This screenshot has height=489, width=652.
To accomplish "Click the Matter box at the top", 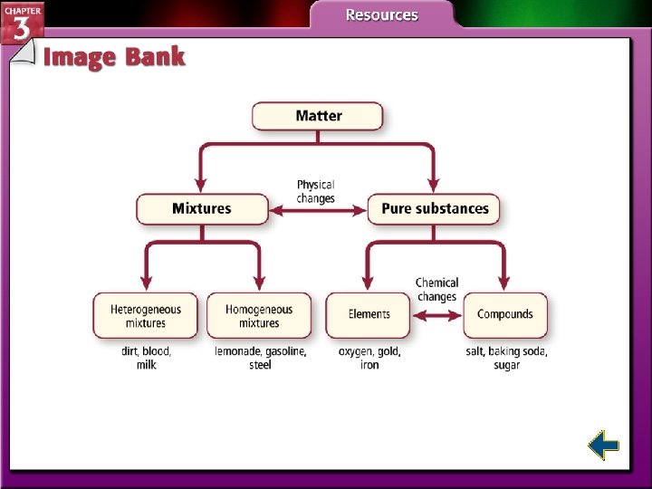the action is [x=318, y=116].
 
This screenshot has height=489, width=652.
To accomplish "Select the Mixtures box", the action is [x=202, y=209].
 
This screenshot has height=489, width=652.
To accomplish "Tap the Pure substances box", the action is [x=434, y=209].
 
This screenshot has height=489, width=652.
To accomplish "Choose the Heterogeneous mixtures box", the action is [x=145, y=315].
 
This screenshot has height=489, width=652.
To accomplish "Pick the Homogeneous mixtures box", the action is [x=259, y=315].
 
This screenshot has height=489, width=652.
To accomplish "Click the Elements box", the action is [x=369, y=315].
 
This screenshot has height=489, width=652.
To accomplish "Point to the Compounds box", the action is [x=504, y=315].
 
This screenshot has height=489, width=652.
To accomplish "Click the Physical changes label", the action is [x=315, y=191].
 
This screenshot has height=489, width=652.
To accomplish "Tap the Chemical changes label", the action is [x=436, y=289].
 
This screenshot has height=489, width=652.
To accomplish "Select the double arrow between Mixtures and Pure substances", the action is [x=318, y=211].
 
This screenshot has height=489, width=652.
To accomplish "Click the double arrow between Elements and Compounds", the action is [x=436, y=316].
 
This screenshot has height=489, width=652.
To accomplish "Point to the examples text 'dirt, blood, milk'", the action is [x=146, y=358].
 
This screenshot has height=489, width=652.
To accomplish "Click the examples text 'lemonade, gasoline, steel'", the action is [x=260, y=358].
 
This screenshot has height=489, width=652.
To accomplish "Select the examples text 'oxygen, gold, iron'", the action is [x=369, y=358].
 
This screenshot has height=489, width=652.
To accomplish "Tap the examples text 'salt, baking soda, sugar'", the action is [x=506, y=358].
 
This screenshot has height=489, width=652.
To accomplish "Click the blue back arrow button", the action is [x=603, y=445].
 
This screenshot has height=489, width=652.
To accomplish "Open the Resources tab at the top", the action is [x=381, y=14].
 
